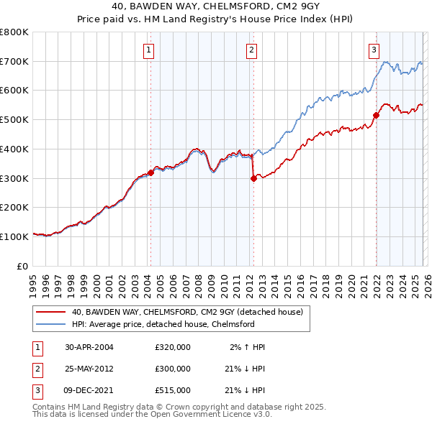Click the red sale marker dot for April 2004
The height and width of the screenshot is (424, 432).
click(x=150, y=172)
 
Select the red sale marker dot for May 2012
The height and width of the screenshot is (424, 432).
click(x=253, y=179)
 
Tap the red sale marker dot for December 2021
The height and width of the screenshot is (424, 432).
click(x=375, y=115)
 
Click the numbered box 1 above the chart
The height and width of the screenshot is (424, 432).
click(x=148, y=50)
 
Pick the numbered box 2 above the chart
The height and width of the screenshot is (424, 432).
click(x=251, y=50)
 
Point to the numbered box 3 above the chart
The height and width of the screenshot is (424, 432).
click(x=374, y=50)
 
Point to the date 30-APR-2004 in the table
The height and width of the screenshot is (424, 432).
click(x=89, y=347)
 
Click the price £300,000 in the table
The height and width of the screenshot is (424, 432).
click(x=173, y=369)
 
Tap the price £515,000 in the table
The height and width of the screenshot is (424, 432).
click(x=173, y=390)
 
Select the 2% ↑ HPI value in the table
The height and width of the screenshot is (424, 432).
click(x=248, y=347)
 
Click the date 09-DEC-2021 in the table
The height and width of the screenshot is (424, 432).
click(x=89, y=390)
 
